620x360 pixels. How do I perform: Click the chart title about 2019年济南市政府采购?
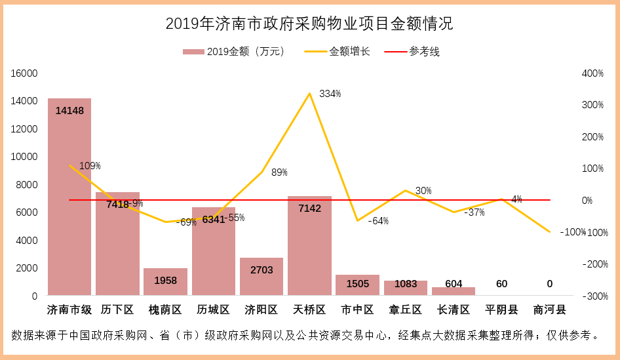(x=309, y=24)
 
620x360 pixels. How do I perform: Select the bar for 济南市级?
(x=69, y=197)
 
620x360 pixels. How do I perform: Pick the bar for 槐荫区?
(x=165, y=281)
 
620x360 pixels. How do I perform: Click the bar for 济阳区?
(x=262, y=276)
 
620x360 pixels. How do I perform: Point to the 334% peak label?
(x=330, y=94)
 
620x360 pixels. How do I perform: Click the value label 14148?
(x=69, y=111)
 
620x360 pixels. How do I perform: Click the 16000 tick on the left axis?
(x=24, y=73)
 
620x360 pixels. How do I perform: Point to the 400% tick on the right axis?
(x=592, y=73)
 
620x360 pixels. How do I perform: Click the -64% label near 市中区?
(x=378, y=221)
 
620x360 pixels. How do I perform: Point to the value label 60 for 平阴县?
(x=501, y=284)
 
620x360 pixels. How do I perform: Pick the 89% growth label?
(x=279, y=172)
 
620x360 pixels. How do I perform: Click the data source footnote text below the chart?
(x=305, y=336)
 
